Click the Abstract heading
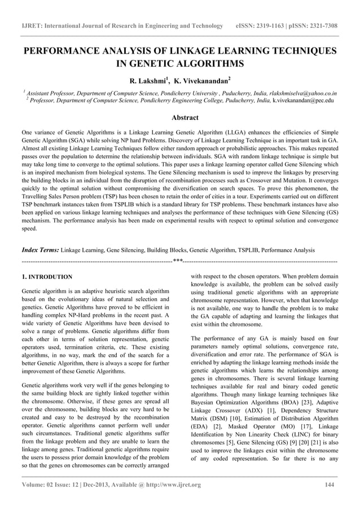(179, 117)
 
